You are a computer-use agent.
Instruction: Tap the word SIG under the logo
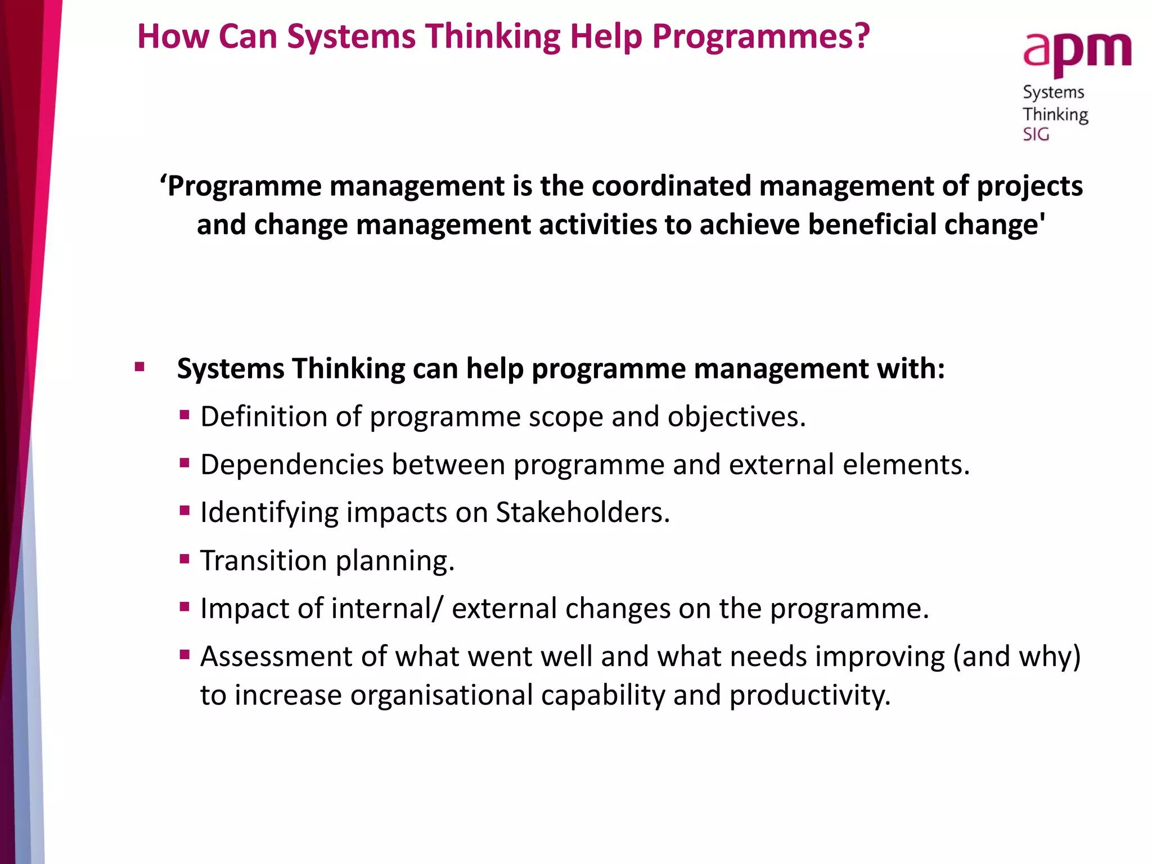(1036, 134)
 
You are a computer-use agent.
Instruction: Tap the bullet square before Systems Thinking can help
(140, 368)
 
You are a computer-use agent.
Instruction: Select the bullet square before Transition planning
(184, 559)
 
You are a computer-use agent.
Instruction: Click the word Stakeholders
(582, 512)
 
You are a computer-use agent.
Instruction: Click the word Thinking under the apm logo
(1055, 115)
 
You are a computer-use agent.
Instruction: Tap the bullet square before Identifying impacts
(184, 511)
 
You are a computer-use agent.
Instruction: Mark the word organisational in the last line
(441, 695)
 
